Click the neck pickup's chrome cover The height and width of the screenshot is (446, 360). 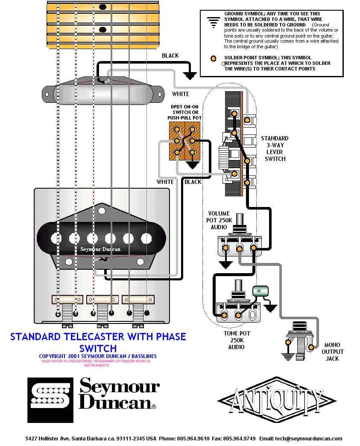(103, 91)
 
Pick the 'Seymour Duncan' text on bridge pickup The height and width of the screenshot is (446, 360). (100, 249)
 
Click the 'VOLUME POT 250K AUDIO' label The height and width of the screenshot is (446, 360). (219, 220)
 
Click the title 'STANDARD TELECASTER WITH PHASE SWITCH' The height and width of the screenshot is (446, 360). (98, 342)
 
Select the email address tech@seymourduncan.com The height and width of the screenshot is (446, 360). (308, 438)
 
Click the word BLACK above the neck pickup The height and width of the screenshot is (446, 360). (170, 55)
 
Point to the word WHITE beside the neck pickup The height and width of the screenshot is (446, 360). (180, 93)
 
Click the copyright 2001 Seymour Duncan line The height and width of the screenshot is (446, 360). (98, 356)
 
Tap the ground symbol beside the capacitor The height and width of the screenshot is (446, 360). (270, 306)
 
